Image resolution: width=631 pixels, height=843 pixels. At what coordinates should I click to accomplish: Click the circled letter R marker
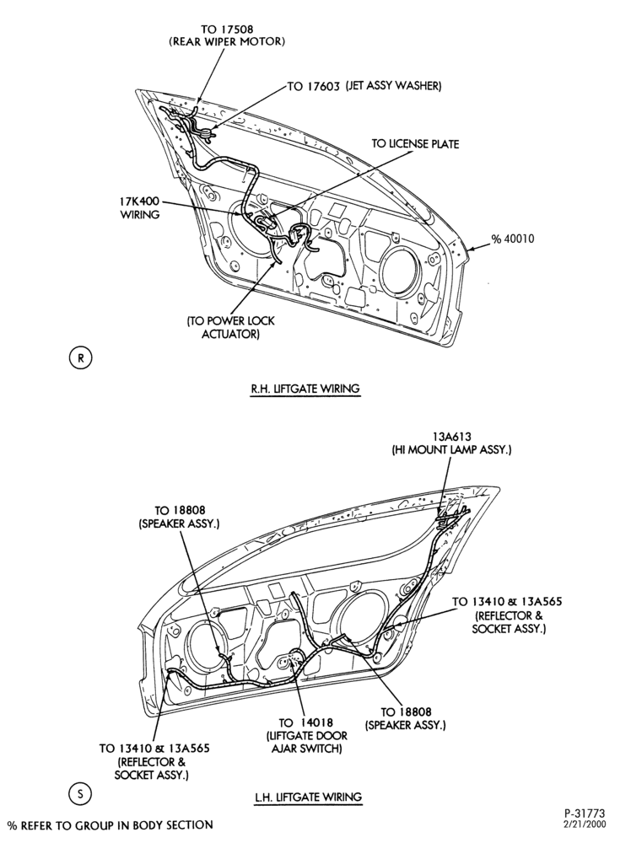(81, 358)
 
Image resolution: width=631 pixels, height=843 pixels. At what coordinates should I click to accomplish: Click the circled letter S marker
(81, 793)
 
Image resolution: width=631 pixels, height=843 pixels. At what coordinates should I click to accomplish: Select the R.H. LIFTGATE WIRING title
(305, 388)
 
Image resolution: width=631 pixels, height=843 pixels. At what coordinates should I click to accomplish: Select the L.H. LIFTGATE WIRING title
(308, 797)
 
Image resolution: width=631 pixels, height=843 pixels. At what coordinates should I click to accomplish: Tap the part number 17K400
(139, 202)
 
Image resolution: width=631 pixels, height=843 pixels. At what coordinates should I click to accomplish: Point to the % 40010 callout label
(513, 239)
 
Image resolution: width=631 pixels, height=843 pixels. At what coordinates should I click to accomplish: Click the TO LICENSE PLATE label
(415, 144)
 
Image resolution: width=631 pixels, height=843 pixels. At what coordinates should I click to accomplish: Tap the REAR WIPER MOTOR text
(227, 42)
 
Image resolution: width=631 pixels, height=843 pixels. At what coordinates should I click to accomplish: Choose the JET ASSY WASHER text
(393, 85)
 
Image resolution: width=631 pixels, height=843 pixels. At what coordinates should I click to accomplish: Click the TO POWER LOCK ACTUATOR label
(231, 327)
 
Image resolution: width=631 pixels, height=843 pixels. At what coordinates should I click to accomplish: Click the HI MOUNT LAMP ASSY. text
(451, 450)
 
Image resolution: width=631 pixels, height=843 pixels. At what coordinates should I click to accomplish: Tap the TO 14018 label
(305, 723)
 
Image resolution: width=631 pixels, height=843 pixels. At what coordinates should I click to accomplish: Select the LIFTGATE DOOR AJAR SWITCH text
(306, 743)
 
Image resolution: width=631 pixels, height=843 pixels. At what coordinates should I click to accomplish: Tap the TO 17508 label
(227, 29)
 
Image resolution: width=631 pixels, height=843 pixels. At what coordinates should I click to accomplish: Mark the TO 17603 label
(313, 87)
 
